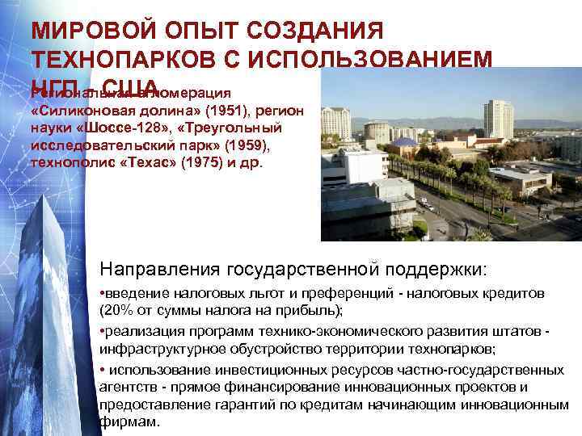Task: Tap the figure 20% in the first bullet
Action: (x=116, y=310)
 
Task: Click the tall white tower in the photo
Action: (x=498, y=119)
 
